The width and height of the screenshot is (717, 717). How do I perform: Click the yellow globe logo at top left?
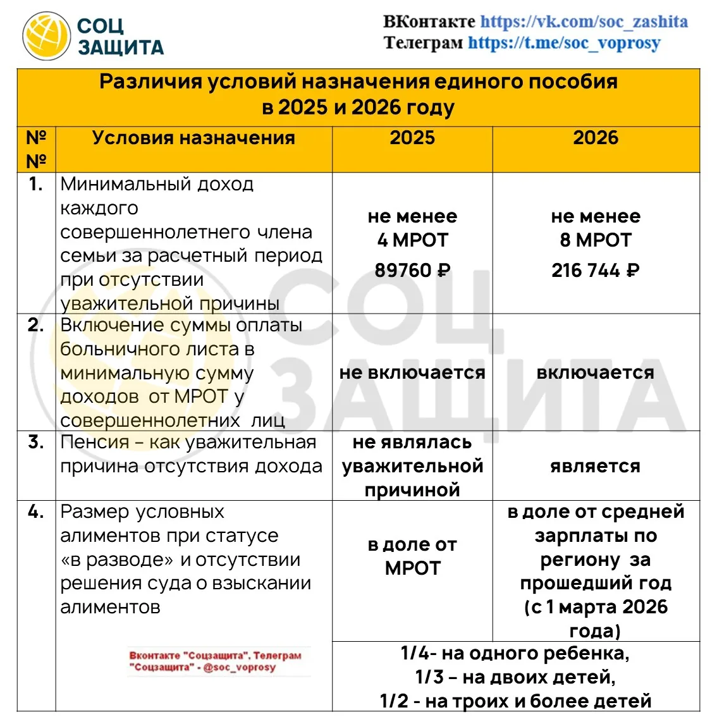pyautogui.click(x=46, y=37)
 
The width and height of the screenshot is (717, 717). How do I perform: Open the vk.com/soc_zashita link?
pyautogui.click(x=584, y=21)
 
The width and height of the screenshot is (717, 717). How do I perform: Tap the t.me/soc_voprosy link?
pyautogui.click(x=564, y=43)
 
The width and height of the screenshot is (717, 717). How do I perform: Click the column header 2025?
pyautogui.click(x=412, y=138)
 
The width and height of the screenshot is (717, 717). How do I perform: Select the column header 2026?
pyautogui.click(x=596, y=138)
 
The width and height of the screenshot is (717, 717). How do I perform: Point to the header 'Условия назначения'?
pyautogui.click(x=193, y=138)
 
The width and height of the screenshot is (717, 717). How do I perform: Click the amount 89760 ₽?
pyautogui.click(x=412, y=271)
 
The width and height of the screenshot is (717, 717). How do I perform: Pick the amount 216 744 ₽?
pyautogui.click(x=596, y=271)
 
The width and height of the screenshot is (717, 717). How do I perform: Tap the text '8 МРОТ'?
pyautogui.click(x=596, y=240)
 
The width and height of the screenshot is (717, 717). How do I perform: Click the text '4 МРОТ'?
pyautogui.click(x=412, y=240)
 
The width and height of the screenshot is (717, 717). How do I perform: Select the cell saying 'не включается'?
pyautogui.click(x=412, y=372)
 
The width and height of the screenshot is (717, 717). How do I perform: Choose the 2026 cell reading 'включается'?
pyautogui.click(x=596, y=372)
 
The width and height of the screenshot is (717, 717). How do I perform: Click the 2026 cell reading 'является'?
pyautogui.click(x=596, y=466)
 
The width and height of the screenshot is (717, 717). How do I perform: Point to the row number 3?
pyautogui.click(x=36, y=442)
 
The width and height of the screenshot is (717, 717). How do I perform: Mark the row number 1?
pyautogui.click(x=36, y=184)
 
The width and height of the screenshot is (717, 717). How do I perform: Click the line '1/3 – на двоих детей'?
pyautogui.click(x=515, y=677)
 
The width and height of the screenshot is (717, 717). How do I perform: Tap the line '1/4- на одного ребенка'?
pyautogui.click(x=515, y=653)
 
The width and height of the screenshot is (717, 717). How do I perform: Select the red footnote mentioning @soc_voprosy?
pyautogui.click(x=216, y=661)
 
